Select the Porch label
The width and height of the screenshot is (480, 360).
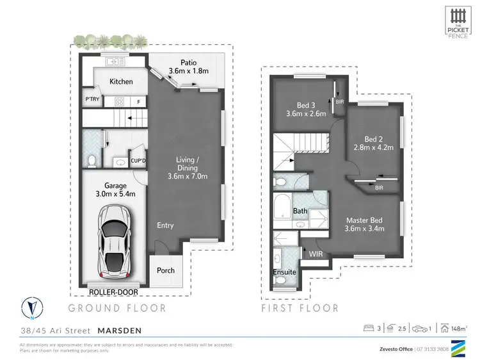pos(166,270)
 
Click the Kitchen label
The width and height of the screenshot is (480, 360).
pos(121,81)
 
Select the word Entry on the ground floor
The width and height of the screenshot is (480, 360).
pos(165,225)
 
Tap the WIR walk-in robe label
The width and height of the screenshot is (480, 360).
pos(316,254)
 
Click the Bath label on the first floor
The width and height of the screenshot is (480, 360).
pos(300,211)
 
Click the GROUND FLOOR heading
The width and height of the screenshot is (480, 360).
pos(118,308)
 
